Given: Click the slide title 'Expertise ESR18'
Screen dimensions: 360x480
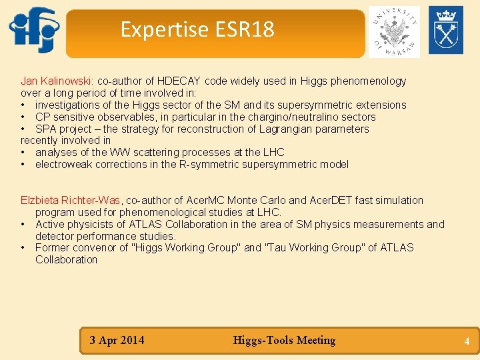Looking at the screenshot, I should click(x=197, y=30).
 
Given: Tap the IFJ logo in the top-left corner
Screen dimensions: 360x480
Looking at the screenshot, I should click(x=34, y=30).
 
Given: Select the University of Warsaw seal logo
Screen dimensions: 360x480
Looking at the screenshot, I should click(x=394, y=31).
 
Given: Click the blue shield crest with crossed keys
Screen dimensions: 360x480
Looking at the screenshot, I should click(x=445, y=30).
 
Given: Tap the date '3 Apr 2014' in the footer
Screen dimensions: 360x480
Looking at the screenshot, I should click(x=117, y=341).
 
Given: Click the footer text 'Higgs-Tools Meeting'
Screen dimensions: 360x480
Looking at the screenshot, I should click(x=284, y=341).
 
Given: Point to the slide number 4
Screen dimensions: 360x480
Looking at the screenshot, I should click(x=467, y=341).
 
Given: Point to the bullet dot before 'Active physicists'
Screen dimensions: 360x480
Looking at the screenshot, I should click(x=24, y=225).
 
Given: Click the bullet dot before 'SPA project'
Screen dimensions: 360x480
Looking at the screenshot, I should click(x=24, y=129).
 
